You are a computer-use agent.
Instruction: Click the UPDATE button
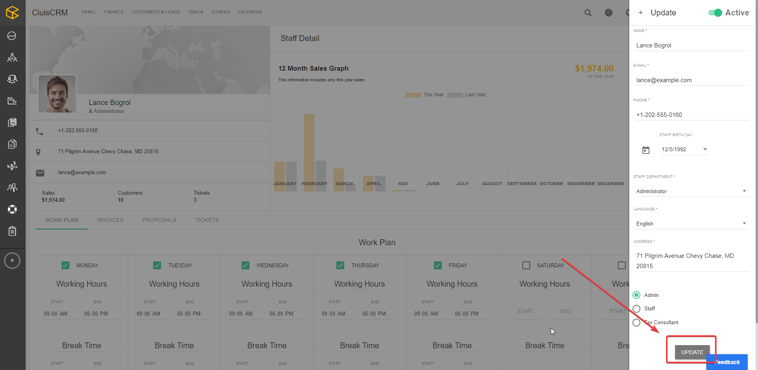click(692, 352)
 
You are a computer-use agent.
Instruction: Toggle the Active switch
click(715, 13)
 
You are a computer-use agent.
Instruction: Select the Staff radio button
click(636, 308)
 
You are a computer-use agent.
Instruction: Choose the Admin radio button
click(636, 295)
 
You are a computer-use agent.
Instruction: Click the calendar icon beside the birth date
click(646, 150)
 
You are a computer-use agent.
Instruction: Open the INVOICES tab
click(110, 220)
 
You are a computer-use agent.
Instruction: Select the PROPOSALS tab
click(159, 220)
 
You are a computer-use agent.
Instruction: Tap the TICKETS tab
click(207, 220)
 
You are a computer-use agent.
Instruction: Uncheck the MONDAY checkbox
click(66, 265)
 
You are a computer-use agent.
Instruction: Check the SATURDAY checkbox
click(526, 265)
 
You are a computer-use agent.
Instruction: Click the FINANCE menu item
click(114, 12)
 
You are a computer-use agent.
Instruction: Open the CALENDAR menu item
click(250, 12)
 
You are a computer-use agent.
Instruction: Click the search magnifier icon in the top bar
click(588, 13)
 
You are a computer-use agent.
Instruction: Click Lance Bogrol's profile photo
click(57, 94)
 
